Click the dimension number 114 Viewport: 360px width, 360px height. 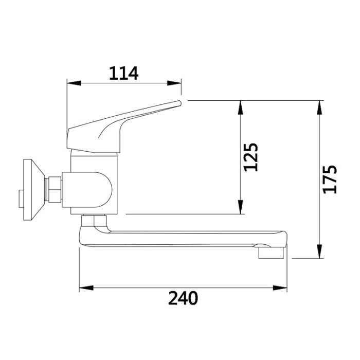[x=124, y=73]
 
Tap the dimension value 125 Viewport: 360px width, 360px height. [x=251, y=157]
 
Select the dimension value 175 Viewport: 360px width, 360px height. [x=330, y=179]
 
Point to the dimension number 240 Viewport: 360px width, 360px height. [x=183, y=298]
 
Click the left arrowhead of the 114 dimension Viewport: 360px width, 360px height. [x=74, y=83]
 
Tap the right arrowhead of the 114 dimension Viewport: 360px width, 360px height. [x=174, y=83]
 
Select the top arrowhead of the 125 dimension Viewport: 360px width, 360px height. [x=240, y=107]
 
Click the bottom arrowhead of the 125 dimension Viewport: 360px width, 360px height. [x=240, y=207]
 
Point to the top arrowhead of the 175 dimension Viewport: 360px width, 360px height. [x=319, y=107]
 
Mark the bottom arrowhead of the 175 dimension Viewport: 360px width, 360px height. [x=319, y=251]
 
